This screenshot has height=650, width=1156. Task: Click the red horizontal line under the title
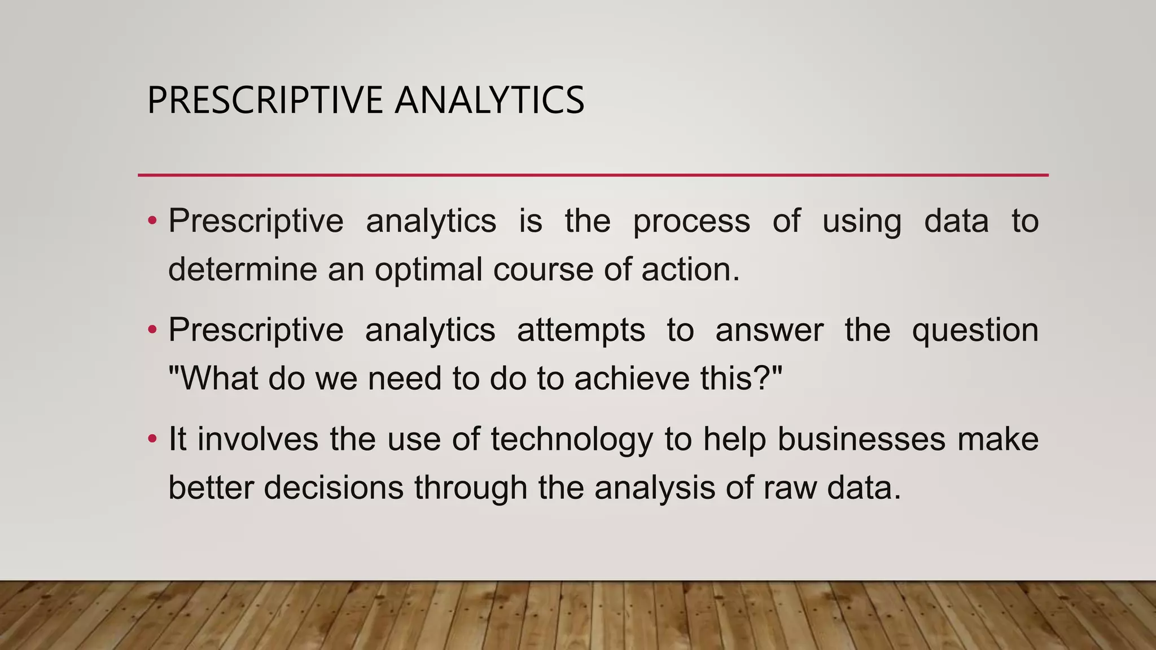pyautogui.click(x=593, y=175)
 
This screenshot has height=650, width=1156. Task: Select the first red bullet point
pyautogui.click(x=152, y=221)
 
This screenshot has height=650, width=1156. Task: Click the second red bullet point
pyautogui.click(x=152, y=330)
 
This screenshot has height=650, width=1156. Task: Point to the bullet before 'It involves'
pyautogui.click(x=152, y=438)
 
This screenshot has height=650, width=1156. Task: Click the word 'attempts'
pyautogui.click(x=581, y=331)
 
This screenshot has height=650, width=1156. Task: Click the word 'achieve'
pyautogui.click(x=632, y=378)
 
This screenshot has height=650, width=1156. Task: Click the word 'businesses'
pyautogui.click(x=861, y=439)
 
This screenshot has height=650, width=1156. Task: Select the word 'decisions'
pyautogui.click(x=333, y=487)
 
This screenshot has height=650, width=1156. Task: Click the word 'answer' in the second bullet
pyautogui.click(x=769, y=331)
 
